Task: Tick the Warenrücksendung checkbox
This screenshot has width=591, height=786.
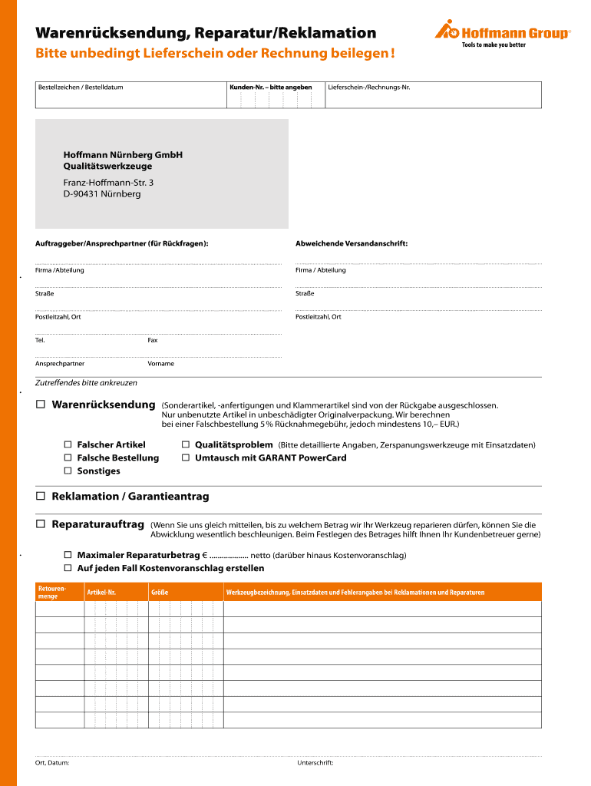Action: (x=40, y=405)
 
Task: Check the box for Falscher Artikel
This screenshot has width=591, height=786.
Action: (x=68, y=444)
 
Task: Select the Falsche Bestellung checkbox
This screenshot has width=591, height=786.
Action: (x=68, y=457)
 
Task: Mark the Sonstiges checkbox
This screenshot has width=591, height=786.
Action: (x=68, y=471)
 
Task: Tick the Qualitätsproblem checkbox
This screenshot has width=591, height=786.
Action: (x=186, y=444)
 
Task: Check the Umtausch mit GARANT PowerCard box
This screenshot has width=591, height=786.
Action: (x=186, y=457)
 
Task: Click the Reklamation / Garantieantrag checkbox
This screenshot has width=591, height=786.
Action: (x=40, y=497)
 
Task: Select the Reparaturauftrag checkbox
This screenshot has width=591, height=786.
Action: (x=40, y=524)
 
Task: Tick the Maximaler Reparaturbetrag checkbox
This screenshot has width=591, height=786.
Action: (x=68, y=555)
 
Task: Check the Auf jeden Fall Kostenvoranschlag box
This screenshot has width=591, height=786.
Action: (x=68, y=568)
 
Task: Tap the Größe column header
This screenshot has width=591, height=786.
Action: (x=160, y=593)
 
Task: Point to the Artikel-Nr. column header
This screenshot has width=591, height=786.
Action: (x=101, y=593)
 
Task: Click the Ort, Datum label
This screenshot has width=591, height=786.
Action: (x=52, y=763)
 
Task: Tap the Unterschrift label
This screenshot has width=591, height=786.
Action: (x=315, y=763)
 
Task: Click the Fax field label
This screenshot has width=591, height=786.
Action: (x=153, y=340)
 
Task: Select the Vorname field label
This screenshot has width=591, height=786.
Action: (x=161, y=363)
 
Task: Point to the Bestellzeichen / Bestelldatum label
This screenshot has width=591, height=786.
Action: (x=81, y=88)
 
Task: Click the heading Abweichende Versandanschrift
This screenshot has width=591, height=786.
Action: (x=352, y=243)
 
